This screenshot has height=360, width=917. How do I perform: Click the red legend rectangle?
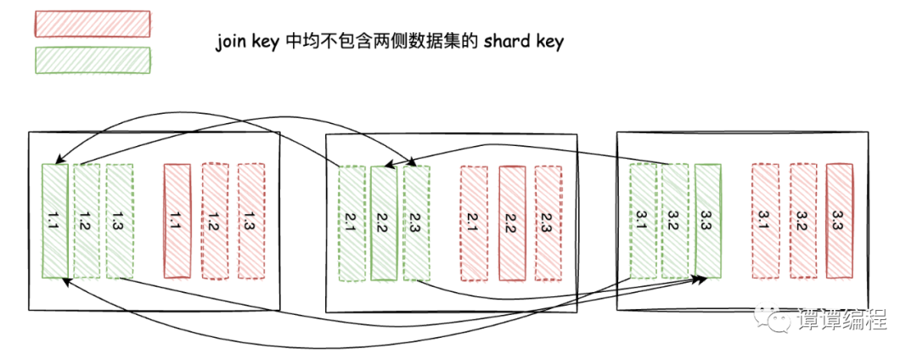click(93, 25)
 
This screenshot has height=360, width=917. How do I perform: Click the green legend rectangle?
click(93, 60)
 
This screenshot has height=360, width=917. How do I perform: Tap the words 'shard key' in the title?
click(523, 42)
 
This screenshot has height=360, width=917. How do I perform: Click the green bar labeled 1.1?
click(54, 221)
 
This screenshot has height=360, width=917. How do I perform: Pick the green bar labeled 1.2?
click(87, 221)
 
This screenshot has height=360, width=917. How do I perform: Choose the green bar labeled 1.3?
click(119, 221)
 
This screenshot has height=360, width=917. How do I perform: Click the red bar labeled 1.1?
click(177, 221)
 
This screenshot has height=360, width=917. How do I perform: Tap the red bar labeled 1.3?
click(250, 221)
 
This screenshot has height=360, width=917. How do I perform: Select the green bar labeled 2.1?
click(352, 222)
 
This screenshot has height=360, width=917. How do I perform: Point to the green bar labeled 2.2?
click(384, 222)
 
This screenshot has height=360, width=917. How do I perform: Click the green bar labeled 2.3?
click(416, 222)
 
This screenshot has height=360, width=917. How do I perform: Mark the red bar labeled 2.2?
click(511, 222)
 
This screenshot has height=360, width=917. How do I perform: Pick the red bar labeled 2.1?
click(474, 222)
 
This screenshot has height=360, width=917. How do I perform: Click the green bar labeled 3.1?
click(644, 221)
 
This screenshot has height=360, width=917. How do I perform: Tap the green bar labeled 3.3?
click(707, 221)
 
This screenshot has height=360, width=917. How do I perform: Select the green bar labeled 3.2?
click(676, 221)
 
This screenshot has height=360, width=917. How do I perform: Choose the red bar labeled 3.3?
click(839, 221)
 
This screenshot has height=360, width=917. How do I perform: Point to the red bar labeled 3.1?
click(765, 221)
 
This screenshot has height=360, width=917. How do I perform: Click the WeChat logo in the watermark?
click(779, 320)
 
